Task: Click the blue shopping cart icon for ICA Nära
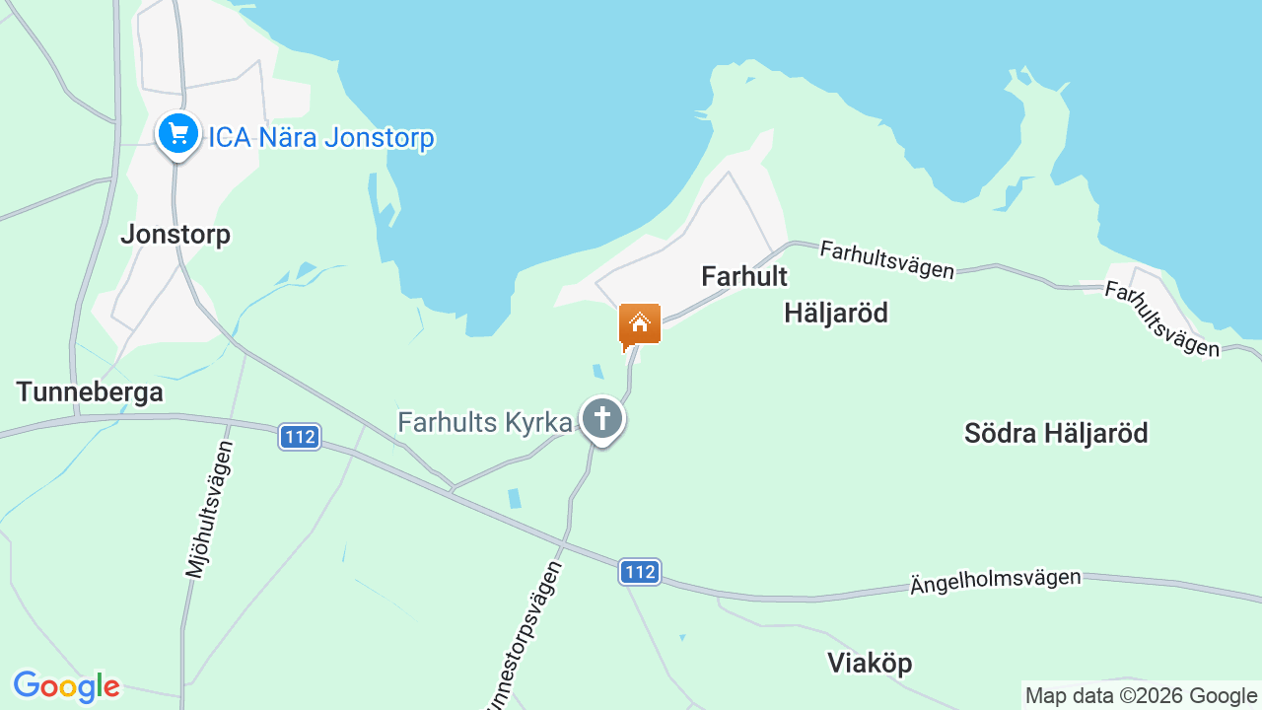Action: click(177, 132)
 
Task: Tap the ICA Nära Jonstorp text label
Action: click(320, 137)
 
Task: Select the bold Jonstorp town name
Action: click(175, 234)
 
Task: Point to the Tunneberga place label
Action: click(90, 391)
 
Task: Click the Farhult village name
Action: click(744, 276)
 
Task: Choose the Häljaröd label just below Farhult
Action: click(836, 313)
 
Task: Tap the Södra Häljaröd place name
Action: click(1056, 433)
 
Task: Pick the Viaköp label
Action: click(871, 663)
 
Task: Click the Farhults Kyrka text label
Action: click(484, 422)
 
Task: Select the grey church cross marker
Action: click(601, 418)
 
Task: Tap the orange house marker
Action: click(640, 324)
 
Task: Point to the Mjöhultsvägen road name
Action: click(209, 509)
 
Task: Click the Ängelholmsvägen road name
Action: click(995, 582)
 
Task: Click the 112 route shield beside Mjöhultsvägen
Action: click(299, 436)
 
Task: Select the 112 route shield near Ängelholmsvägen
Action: click(640, 571)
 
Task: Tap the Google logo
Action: click(66, 686)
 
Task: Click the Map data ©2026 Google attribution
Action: click(1141, 696)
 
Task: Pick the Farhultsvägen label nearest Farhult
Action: click(886, 259)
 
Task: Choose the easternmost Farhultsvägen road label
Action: click(1161, 319)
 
